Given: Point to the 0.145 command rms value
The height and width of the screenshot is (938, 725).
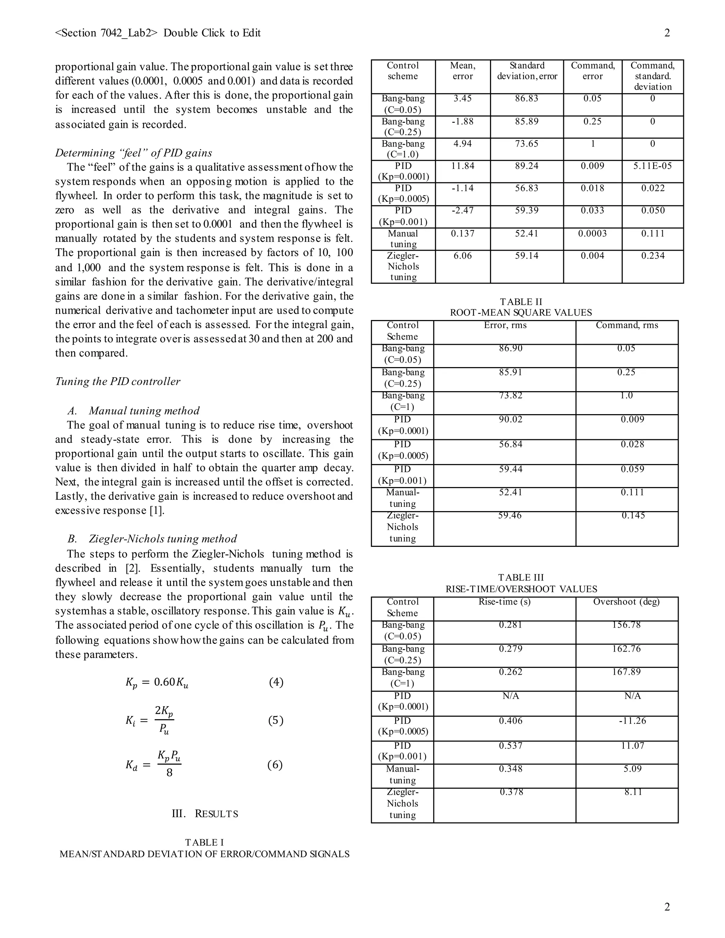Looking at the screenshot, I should coord(633,515).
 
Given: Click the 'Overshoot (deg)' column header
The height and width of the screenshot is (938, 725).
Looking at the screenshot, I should coord(626,602).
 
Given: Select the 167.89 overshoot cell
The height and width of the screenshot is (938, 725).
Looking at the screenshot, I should coord(626,672).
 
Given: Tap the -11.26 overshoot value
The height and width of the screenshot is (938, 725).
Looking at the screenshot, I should coord(632,721).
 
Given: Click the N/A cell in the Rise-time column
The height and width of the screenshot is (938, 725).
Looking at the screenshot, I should coord(511,696).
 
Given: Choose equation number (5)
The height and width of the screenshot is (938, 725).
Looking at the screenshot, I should coord(276,720).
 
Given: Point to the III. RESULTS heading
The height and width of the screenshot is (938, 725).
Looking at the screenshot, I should coord(205,814).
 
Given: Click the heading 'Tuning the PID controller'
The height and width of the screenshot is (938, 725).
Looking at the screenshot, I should coord(118,381).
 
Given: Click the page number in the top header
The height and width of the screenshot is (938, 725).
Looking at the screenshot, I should coord(667,33).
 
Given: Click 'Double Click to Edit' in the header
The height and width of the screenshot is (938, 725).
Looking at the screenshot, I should coord(212,33).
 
